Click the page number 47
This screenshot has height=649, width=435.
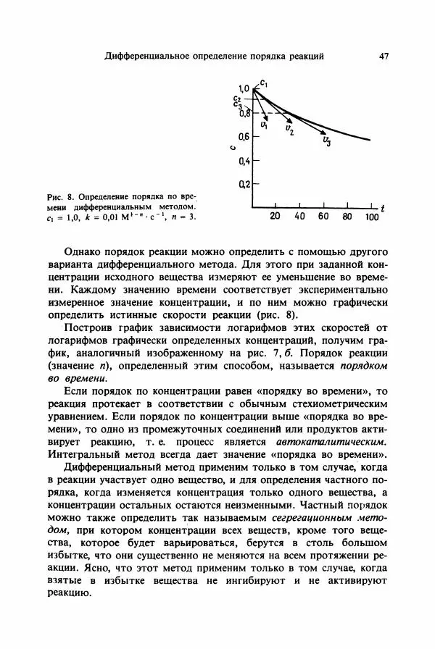click(384, 55)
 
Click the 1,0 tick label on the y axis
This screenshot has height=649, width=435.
click(244, 88)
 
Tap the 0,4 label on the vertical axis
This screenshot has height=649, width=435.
click(244, 161)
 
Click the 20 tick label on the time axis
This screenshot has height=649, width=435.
click(275, 216)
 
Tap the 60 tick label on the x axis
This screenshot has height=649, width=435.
click(323, 216)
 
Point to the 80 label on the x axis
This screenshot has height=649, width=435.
click(347, 216)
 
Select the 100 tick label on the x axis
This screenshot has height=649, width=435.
click(370, 216)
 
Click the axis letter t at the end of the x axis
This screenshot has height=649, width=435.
click(383, 209)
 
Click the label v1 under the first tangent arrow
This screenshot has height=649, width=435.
click(264, 125)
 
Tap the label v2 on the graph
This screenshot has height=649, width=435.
click(289, 130)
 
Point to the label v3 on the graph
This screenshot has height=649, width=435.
click(328, 141)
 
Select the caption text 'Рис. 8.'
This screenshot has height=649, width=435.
click(60, 196)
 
